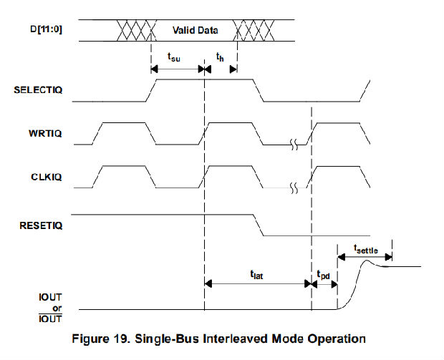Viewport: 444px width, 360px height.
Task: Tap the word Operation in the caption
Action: tap(337, 338)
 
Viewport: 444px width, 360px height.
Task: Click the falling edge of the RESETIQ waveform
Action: tap(260, 225)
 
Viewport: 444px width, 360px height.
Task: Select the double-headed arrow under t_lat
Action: tap(257, 283)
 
